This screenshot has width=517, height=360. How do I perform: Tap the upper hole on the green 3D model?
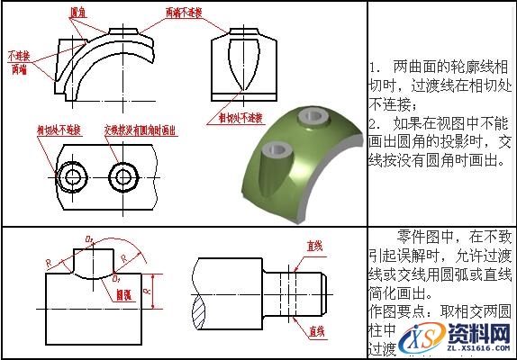coord(313,116)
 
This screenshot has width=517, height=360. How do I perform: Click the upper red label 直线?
coord(315,245)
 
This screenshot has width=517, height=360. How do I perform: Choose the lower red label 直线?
coord(315,332)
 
